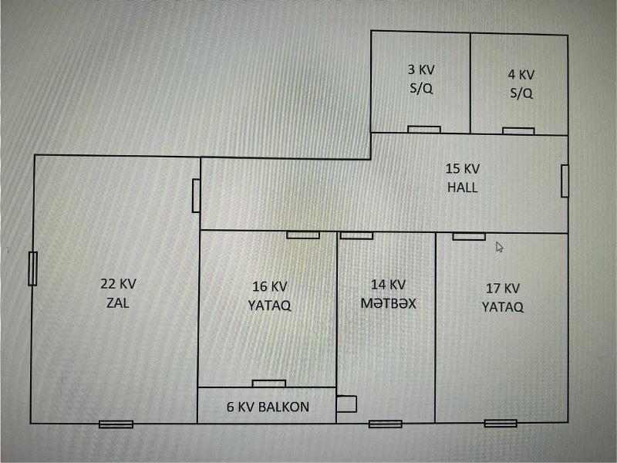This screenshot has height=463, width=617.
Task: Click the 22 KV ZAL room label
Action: [118, 293]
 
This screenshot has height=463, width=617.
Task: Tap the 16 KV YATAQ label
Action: [269, 296]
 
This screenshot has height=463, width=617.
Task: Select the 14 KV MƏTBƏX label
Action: [389, 294]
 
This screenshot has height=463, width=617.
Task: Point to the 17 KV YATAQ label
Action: [503, 298]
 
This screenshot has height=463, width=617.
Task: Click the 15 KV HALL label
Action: [463, 178]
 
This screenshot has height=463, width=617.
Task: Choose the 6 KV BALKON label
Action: [268, 407]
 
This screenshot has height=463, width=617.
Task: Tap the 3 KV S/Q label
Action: [421, 79]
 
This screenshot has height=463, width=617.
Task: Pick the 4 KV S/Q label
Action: [521, 84]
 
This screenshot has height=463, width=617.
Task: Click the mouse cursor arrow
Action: [499, 247]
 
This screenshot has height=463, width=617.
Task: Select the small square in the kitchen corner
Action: [346, 404]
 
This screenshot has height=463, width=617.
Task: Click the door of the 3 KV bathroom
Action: [424, 130]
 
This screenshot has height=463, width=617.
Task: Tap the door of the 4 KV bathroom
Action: [518, 131]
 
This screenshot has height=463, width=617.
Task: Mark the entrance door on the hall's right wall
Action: [565, 181]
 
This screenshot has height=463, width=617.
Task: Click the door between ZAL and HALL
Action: [196, 196]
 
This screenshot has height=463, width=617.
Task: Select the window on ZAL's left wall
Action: [32, 269]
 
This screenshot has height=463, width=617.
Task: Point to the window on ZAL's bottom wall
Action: [116, 424]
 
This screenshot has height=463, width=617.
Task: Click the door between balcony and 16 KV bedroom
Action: [268, 384]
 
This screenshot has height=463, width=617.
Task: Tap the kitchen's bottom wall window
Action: [386, 424]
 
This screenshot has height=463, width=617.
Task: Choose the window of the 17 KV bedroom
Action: [501, 423]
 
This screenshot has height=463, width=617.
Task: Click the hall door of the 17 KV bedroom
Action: [469, 237]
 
